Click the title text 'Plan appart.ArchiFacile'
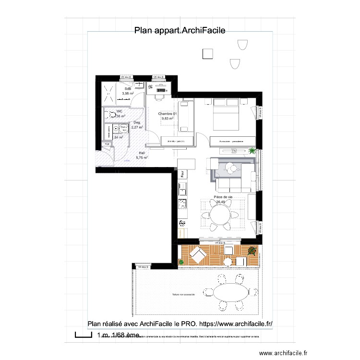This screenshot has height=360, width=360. pyautogui.click(x=180, y=30)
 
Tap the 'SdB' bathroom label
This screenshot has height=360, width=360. pyautogui.click(x=128, y=89)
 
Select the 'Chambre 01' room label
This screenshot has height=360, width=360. pyautogui.click(x=168, y=114)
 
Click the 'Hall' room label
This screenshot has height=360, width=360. pyautogui.click(x=142, y=153)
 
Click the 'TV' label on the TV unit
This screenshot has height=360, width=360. pyautogui.click(x=234, y=151)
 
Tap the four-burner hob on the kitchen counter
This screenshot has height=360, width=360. pyautogui.click(x=182, y=204)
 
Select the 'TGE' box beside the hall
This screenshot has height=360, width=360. pyautogui.click(x=106, y=144)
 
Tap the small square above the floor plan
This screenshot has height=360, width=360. pyautogui.click(x=208, y=54)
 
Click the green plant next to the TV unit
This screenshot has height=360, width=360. pyautogui.click(x=251, y=152)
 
